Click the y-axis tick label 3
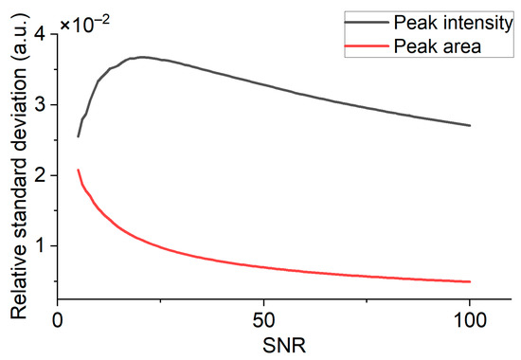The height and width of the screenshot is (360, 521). [44, 105]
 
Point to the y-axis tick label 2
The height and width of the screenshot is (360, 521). [44, 175]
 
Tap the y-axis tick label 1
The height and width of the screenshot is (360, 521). [44, 245]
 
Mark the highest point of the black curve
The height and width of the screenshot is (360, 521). [141, 57]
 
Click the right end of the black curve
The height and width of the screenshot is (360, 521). [470, 125]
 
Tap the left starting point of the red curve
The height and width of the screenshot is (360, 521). [78, 170]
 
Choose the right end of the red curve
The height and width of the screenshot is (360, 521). [470, 281]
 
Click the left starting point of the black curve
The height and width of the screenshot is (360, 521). [78, 136]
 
